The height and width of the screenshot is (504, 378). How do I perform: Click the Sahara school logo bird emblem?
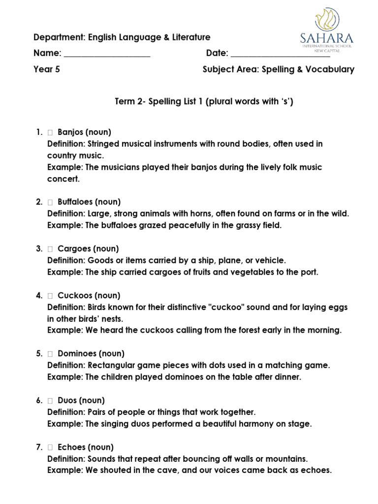[326, 19]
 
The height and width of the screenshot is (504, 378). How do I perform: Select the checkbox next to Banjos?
[51, 132]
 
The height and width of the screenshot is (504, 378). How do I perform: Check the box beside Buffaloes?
[51, 202]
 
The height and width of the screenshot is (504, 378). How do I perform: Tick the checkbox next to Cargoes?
[51, 249]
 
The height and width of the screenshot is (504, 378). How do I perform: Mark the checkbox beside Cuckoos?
[51, 296]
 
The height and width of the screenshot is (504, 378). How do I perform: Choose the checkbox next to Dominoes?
[51, 354]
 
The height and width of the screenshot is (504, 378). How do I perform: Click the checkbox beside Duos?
[51, 401]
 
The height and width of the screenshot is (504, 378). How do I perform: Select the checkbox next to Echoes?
[51, 447]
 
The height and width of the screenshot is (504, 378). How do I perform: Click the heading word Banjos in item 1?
[70, 132]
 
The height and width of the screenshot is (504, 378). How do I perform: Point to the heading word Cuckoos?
[74, 295]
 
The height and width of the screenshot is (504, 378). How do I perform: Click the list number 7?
[38, 447]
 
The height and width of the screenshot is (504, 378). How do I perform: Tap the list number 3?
[38, 249]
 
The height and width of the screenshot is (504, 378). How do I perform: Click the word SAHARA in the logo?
[326, 37]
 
